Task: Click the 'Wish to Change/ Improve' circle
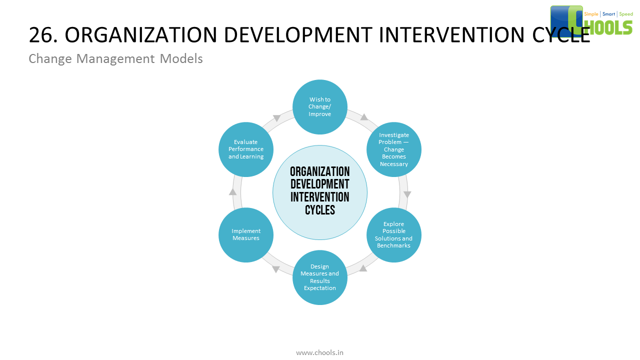click(x=320, y=107)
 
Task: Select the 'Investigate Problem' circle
click(x=394, y=149)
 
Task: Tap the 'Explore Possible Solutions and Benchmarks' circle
click(x=394, y=235)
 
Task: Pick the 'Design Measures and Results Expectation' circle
click(x=320, y=277)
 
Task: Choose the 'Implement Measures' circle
click(x=246, y=235)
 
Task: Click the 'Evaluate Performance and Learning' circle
click(x=246, y=149)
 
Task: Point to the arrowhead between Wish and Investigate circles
click(x=364, y=117)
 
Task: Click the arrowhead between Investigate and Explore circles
click(x=407, y=194)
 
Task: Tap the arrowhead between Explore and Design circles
click(x=363, y=268)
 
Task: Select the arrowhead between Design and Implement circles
click(x=276, y=269)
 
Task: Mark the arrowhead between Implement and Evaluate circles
click(x=232, y=191)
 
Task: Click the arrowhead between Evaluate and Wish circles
click(x=276, y=118)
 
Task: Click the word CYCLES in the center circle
click(x=320, y=210)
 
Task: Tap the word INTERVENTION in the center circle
click(x=320, y=197)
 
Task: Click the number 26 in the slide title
click(x=40, y=35)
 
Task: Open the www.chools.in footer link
click(x=320, y=352)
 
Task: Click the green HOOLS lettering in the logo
click(x=611, y=27)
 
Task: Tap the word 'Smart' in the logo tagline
click(x=608, y=14)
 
